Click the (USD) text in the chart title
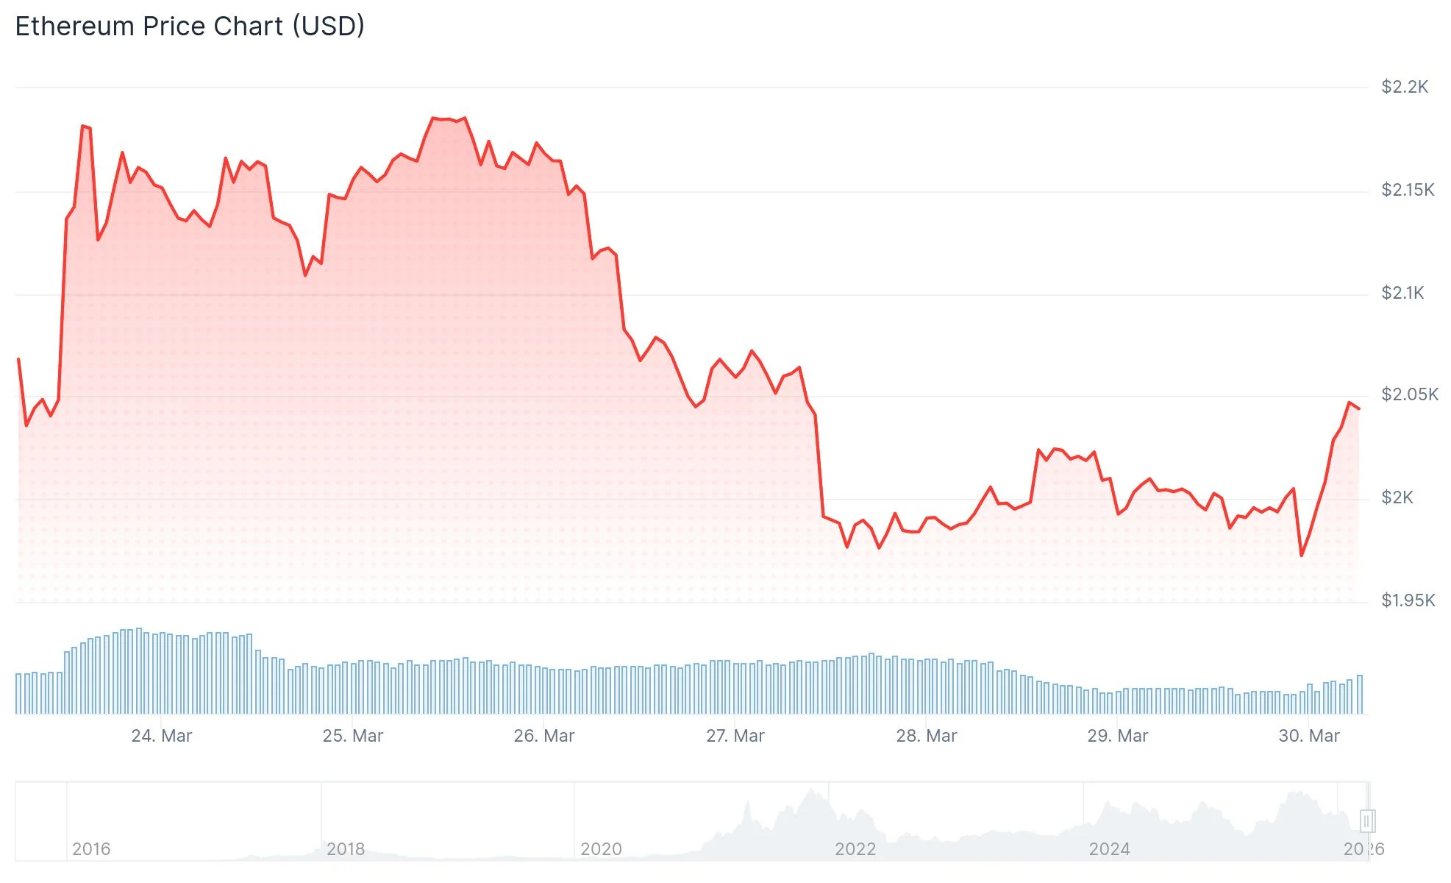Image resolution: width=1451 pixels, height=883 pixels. pyautogui.click(x=328, y=26)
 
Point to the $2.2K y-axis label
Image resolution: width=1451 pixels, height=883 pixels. pyautogui.click(x=1404, y=87)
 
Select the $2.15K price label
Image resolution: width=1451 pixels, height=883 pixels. pyautogui.click(x=1407, y=190)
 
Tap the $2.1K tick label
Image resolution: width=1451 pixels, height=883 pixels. pyautogui.click(x=1402, y=293)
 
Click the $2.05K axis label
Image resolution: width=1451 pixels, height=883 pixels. pyautogui.click(x=1409, y=394)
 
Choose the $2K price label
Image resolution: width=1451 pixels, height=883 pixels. pyautogui.click(x=1397, y=497)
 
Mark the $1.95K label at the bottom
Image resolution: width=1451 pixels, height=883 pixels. pyautogui.click(x=1408, y=600)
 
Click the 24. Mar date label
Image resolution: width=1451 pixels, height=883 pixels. pyautogui.click(x=161, y=736)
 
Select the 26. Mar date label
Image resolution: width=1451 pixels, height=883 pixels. pyautogui.click(x=543, y=736)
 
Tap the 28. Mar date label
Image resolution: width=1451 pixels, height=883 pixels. pyautogui.click(x=926, y=736)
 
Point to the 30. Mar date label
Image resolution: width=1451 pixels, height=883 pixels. pyautogui.click(x=1308, y=736)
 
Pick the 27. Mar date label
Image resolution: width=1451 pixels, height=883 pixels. pyautogui.click(x=735, y=736)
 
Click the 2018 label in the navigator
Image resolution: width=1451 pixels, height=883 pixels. pyautogui.click(x=346, y=849)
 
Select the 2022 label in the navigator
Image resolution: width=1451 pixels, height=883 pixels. pyautogui.click(x=855, y=849)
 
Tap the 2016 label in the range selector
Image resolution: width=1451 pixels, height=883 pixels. pyautogui.click(x=91, y=849)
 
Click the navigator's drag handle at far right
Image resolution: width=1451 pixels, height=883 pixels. pyautogui.click(x=1367, y=820)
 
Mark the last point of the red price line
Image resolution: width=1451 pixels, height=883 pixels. pyautogui.click(x=1358, y=408)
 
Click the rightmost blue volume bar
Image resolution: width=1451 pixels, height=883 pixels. pyautogui.click(x=1360, y=695)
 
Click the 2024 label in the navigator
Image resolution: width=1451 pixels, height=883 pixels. pyautogui.click(x=1109, y=849)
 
